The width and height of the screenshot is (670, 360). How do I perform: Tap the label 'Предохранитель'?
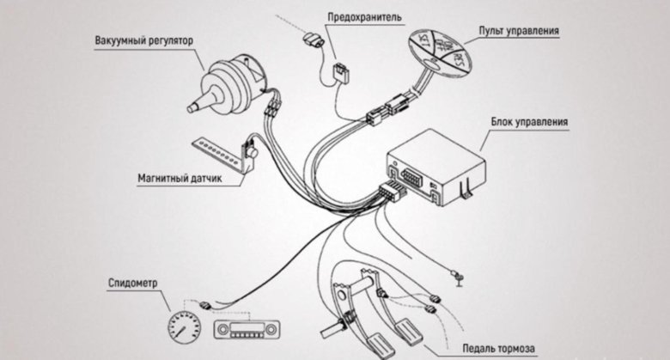(x=364, y=16)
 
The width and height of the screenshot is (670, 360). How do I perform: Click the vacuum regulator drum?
(x=232, y=76)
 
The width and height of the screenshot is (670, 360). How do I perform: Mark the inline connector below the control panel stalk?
(x=386, y=109)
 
